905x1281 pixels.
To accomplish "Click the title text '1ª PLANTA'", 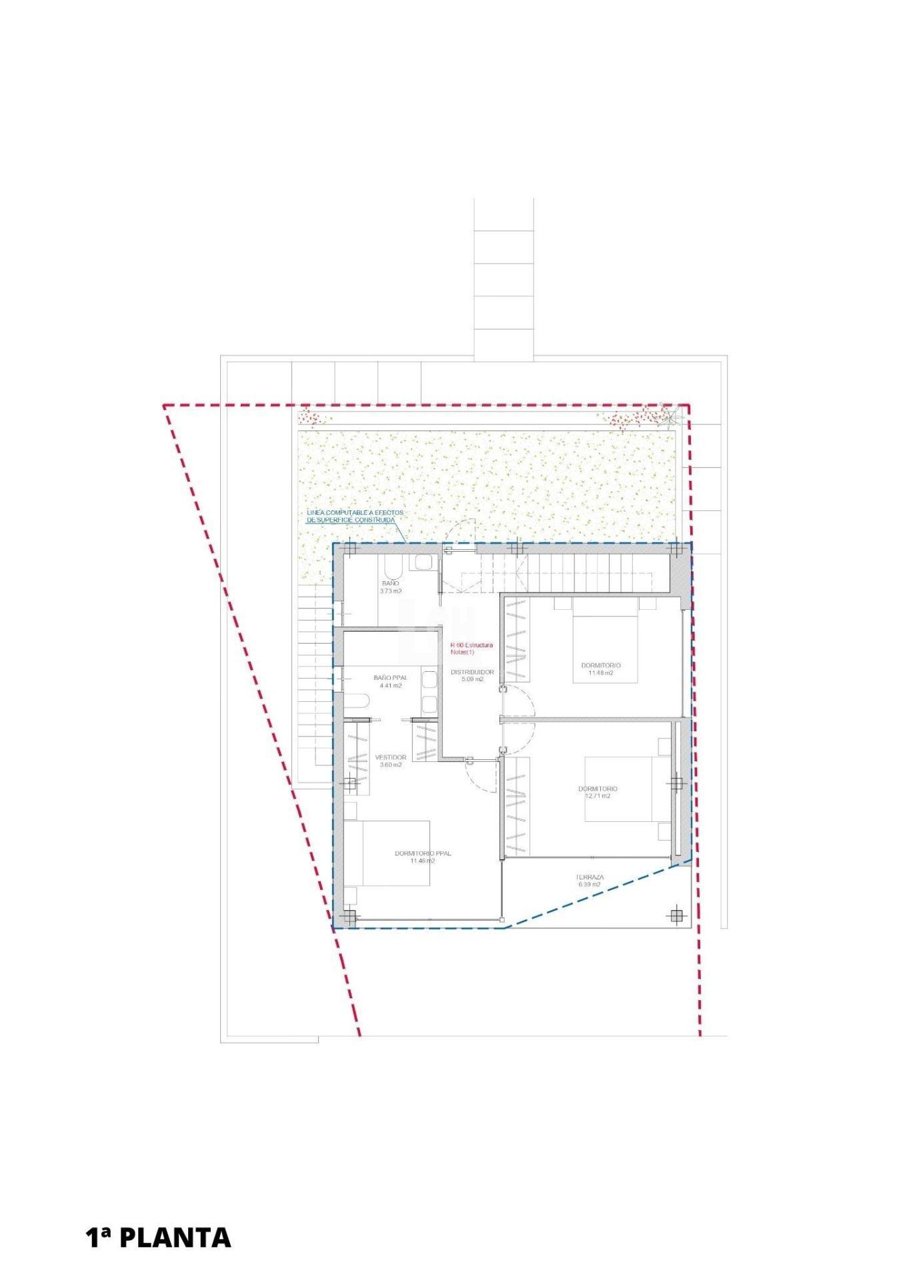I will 158,1237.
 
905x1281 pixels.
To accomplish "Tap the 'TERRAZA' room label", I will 590,877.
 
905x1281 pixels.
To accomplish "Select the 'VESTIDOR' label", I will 390,757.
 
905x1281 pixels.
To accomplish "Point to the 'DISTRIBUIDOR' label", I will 472,672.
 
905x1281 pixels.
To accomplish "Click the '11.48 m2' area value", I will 600,673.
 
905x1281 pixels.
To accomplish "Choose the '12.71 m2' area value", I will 597,796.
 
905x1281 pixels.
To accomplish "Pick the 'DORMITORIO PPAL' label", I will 422,853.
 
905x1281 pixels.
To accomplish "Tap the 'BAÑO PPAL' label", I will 389,678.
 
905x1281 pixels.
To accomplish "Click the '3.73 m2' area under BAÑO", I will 391,591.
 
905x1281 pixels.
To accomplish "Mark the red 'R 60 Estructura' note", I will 472,645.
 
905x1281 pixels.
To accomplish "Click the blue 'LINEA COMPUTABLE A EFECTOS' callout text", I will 354,512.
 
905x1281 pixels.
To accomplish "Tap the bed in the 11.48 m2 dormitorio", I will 605,640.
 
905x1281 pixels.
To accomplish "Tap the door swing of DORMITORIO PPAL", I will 480,774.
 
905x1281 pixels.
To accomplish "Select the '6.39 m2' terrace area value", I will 590,885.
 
